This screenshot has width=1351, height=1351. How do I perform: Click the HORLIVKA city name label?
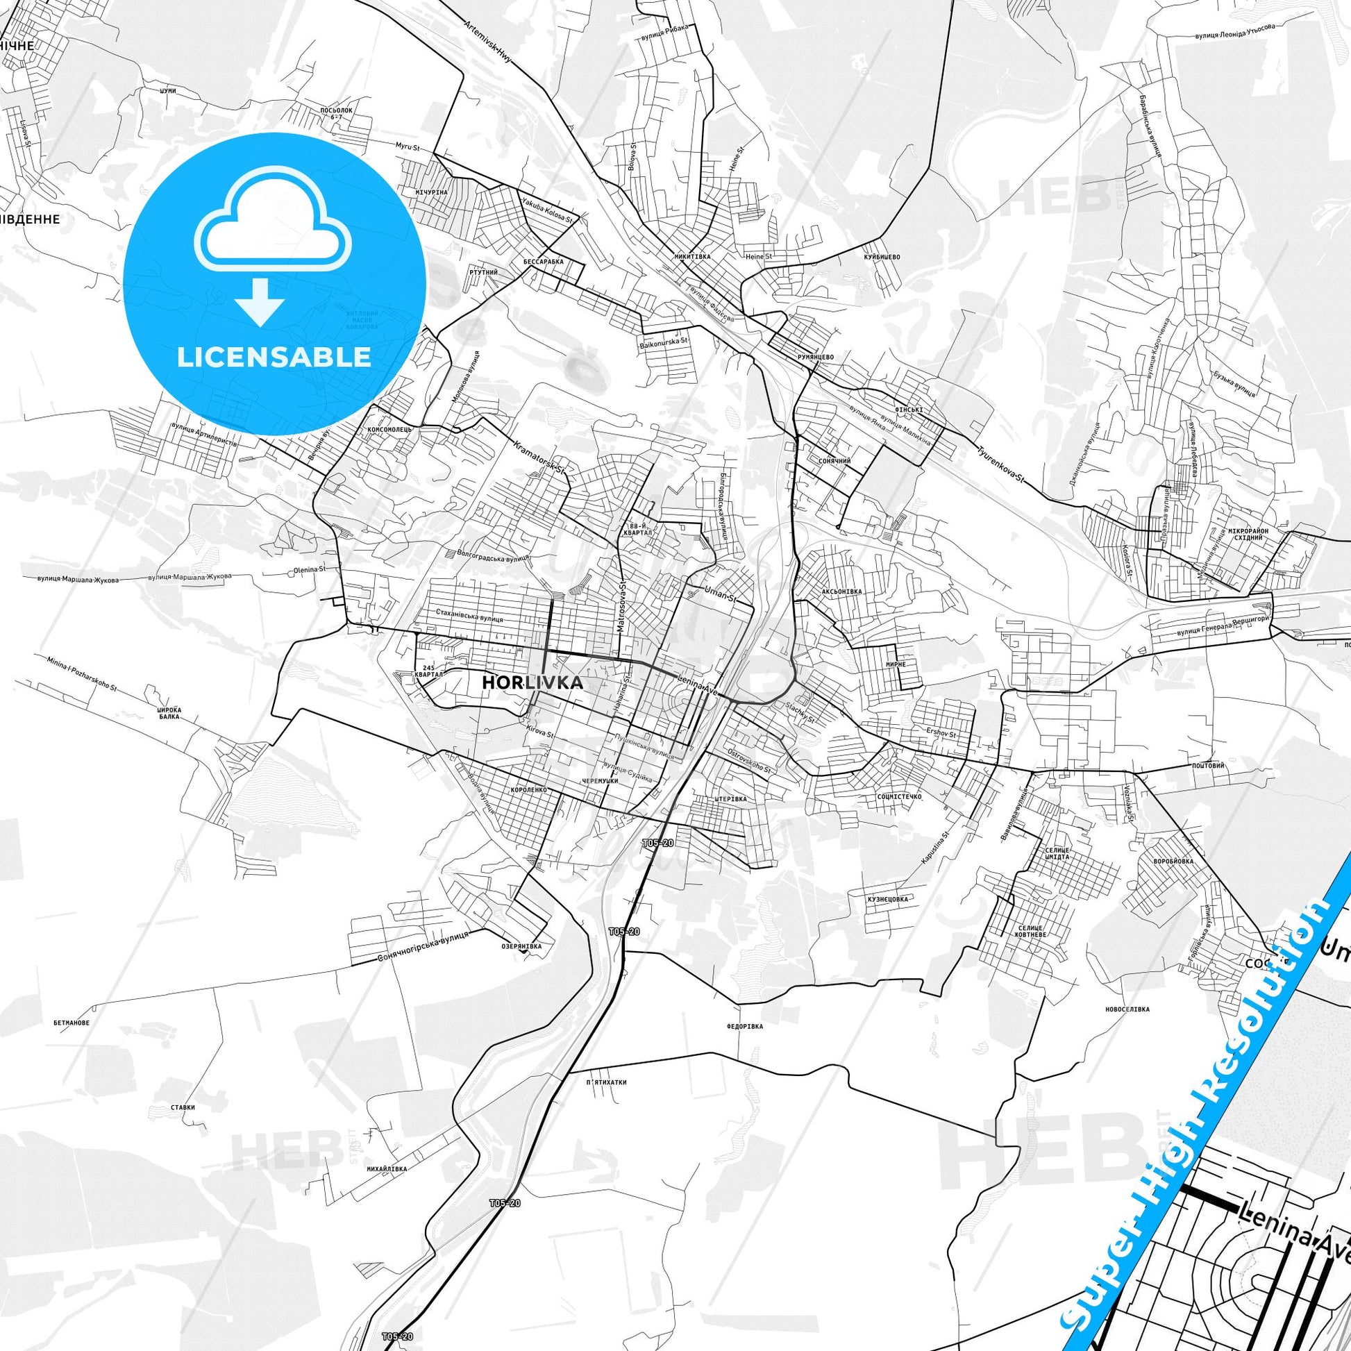[532, 683]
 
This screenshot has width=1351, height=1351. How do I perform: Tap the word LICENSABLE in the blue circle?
[274, 357]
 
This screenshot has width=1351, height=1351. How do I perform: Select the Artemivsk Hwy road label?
[487, 43]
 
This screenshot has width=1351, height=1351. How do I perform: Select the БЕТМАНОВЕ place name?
[72, 1023]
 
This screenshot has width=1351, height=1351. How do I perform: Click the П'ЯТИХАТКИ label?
[607, 1082]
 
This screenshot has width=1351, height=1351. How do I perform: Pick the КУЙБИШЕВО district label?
[882, 257]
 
